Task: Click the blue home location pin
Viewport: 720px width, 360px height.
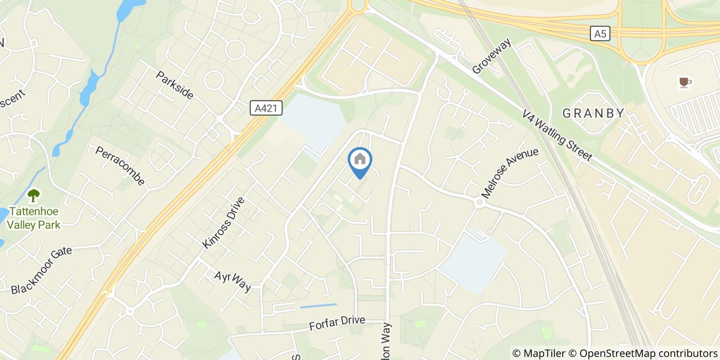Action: [x=360, y=160]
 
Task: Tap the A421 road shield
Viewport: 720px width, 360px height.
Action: [x=266, y=107]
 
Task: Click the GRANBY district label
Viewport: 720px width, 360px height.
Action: [x=593, y=113]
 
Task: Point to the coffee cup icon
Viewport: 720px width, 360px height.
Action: [x=684, y=82]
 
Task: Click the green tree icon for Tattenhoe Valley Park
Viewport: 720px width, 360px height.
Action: [x=34, y=195]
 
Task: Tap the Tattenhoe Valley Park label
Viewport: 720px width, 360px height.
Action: [x=33, y=218]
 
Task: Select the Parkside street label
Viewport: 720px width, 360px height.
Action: [x=175, y=85]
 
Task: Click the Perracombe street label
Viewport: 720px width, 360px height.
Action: [x=120, y=166]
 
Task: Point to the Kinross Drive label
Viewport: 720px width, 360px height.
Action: [x=223, y=223]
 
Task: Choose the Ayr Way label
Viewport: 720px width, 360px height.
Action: [x=233, y=281]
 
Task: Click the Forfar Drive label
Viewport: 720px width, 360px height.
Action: [x=337, y=323]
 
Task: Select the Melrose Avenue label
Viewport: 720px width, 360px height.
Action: [x=510, y=173]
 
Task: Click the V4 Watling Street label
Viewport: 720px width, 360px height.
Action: [x=557, y=135]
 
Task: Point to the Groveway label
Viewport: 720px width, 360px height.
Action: [x=492, y=56]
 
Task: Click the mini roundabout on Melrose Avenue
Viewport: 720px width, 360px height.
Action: [x=479, y=203]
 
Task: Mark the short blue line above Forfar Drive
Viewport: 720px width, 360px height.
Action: [x=318, y=306]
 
